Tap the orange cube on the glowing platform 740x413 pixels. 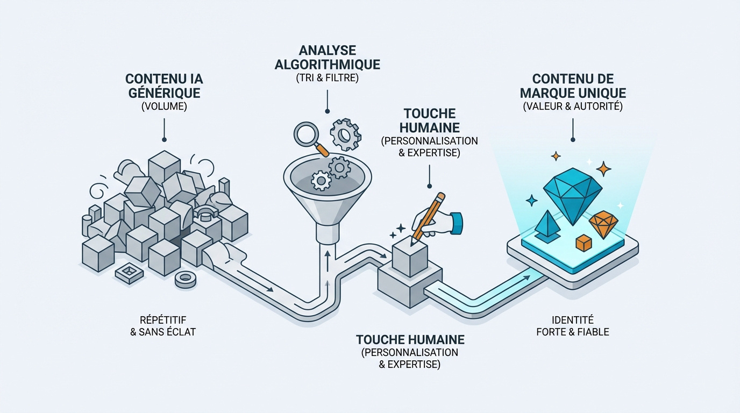584,243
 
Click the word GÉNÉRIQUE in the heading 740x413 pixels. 163,92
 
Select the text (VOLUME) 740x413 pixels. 163,106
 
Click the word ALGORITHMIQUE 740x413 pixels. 328,65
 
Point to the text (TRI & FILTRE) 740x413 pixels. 327,78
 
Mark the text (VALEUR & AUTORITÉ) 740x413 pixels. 573,106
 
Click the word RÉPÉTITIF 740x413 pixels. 163,319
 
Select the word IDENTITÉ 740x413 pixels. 573,319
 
